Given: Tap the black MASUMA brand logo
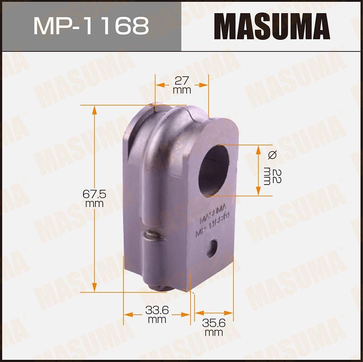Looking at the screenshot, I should [272, 26].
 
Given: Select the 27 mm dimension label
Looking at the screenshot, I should [182, 85].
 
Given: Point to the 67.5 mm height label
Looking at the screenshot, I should [94, 199].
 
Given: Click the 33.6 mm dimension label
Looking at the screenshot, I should [157, 314].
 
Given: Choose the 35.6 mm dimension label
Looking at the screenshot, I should [214, 326].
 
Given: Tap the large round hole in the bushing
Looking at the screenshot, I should [214, 170].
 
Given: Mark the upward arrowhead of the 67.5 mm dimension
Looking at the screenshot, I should [95, 109].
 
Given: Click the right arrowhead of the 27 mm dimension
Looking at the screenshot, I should [205, 85].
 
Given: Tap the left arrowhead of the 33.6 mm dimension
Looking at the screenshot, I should [127, 314].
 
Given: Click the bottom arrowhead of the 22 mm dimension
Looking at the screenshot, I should [258, 192].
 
